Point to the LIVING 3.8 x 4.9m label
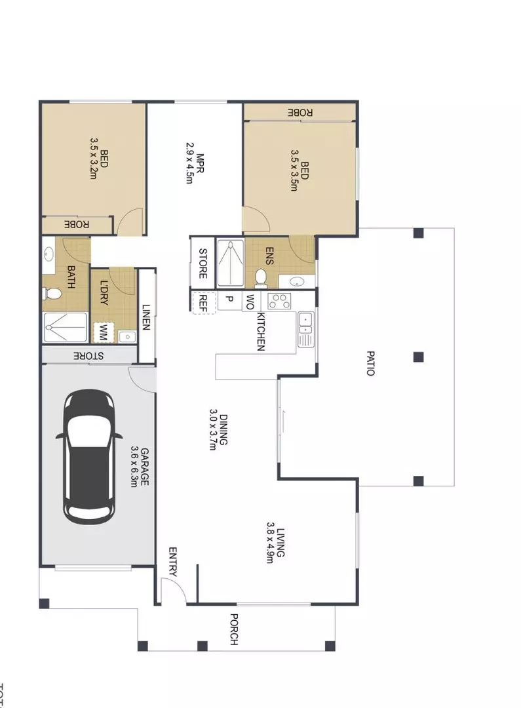pyautogui.click(x=275, y=543)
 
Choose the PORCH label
pyautogui.click(x=233, y=629)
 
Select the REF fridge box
pyautogui.click(x=203, y=301)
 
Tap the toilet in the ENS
pyautogui.click(x=261, y=278)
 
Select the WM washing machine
pyautogui.click(x=102, y=332)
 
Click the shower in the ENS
pyautogui.click(x=229, y=264)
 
